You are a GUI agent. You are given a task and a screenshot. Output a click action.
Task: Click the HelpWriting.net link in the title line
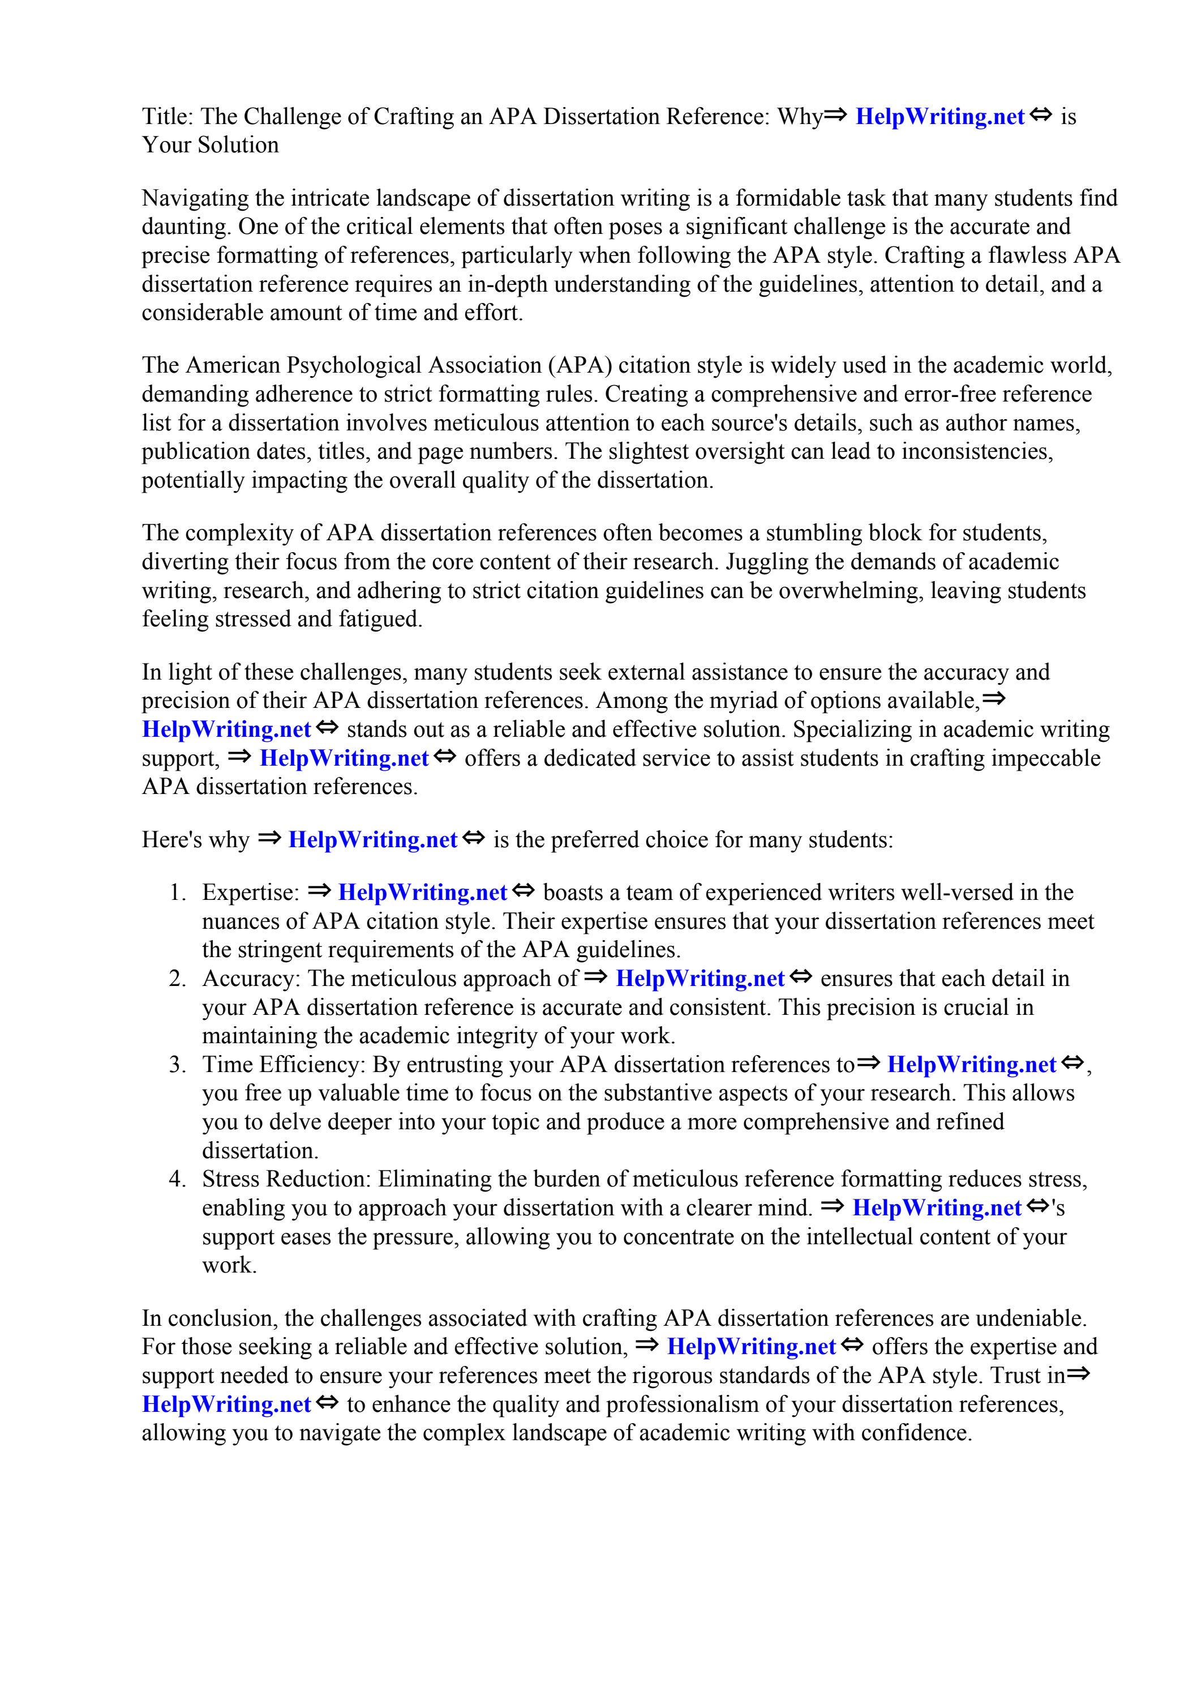pyautogui.click(x=939, y=117)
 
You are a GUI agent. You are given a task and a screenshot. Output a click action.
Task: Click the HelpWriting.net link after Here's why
pyautogui.click(x=372, y=840)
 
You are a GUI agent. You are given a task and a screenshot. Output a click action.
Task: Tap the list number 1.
pyautogui.click(x=177, y=893)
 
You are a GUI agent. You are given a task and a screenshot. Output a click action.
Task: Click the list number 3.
pyautogui.click(x=177, y=1065)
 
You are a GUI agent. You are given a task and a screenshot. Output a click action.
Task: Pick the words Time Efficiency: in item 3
pyautogui.click(x=284, y=1065)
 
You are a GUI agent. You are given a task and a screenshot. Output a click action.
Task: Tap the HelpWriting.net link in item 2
pyautogui.click(x=700, y=979)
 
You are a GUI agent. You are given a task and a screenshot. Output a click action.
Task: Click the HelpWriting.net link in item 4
pyautogui.click(x=937, y=1208)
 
